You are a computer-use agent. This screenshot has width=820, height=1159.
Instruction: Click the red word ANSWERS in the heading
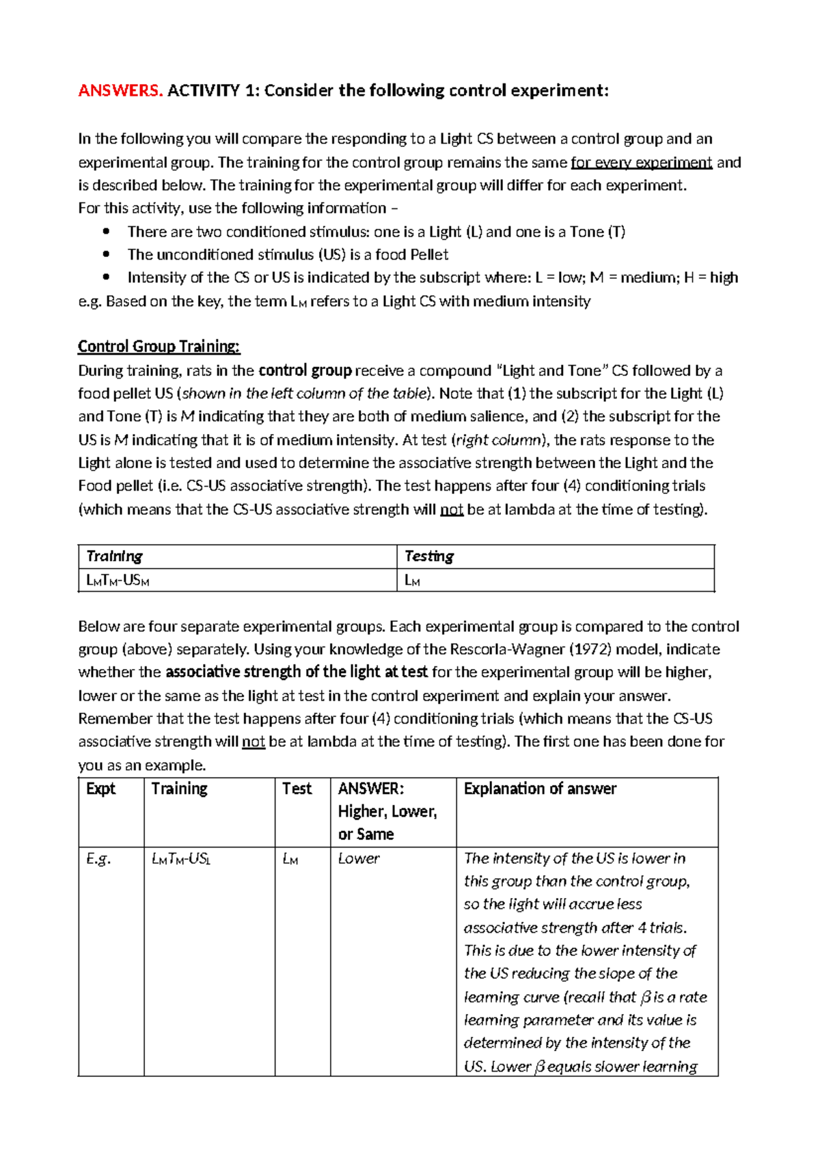click(x=120, y=90)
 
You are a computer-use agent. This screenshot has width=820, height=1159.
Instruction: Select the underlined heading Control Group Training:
click(x=159, y=346)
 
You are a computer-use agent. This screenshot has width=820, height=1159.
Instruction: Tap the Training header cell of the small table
click(x=114, y=556)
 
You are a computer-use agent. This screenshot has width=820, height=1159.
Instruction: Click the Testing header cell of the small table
click(x=429, y=556)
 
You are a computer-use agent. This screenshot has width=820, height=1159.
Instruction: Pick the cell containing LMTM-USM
click(x=118, y=581)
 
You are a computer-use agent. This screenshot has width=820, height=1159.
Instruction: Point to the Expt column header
click(x=101, y=789)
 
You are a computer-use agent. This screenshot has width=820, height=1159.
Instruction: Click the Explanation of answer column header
click(x=540, y=789)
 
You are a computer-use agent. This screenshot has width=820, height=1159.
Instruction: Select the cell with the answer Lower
click(x=359, y=858)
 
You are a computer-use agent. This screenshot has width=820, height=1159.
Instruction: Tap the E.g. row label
click(x=98, y=858)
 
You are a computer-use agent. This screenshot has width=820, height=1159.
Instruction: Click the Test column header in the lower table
click(x=297, y=789)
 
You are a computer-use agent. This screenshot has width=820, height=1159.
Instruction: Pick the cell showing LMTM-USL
click(x=180, y=858)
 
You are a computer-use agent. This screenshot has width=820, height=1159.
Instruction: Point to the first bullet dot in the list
click(x=106, y=232)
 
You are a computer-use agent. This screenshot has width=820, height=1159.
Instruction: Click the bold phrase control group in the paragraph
click(x=305, y=370)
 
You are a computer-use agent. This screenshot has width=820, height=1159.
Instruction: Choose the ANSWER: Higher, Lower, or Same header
click(x=387, y=811)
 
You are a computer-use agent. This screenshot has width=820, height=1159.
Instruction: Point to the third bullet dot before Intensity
click(x=106, y=277)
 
